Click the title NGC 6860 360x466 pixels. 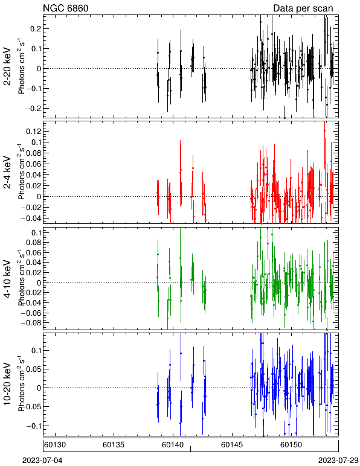[x=66, y=8]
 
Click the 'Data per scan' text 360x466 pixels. [x=303, y=8]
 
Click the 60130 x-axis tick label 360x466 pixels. [x=55, y=445]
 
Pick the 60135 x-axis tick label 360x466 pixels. [x=114, y=445]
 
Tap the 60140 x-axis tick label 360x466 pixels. [x=173, y=445]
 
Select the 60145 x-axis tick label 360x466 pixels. [x=232, y=445]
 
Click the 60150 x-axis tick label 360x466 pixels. [x=291, y=445]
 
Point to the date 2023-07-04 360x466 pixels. [x=42, y=461]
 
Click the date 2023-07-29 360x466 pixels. [x=338, y=461]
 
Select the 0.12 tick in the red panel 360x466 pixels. [x=33, y=131]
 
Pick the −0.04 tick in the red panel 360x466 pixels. [x=31, y=218]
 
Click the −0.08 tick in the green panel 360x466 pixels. [x=31, y=323]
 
